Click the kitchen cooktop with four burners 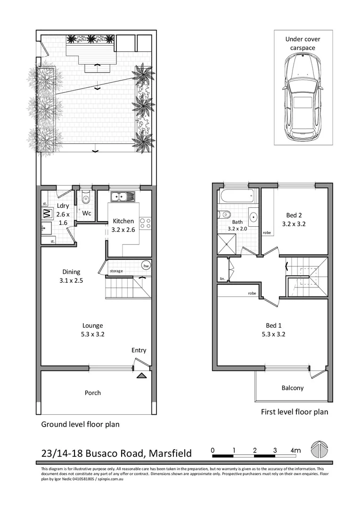pos(145,223)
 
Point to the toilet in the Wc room pos(85,199)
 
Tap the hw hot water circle pos(146,265)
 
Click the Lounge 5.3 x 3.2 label pos(92,329)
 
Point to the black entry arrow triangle pos(141,376)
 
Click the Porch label pos(92,393)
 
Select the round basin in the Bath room pos(254,218)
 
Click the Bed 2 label pos(294,220)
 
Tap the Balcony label pos(292,388)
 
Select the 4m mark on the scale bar pos(295,451)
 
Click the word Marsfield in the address pos(170,453)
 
